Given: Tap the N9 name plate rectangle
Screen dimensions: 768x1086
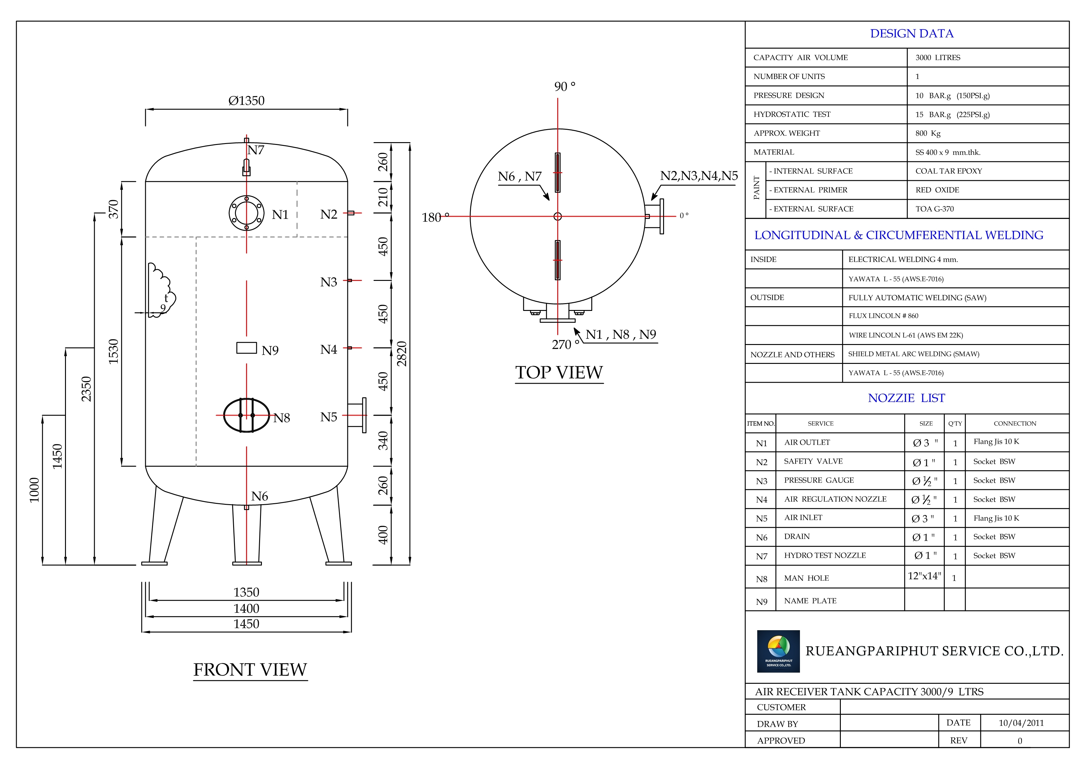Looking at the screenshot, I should pyautogui.click(x=246, y=348).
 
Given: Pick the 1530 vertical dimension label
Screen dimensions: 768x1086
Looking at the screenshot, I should pyautogui.click(x=114, y=351).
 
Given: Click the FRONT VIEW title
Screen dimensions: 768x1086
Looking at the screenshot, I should pyautogui.click(x=250, y=670).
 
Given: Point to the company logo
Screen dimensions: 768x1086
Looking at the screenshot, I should pyautogui.click(x=778, y=651).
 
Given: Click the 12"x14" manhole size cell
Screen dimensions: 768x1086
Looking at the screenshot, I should pyautogui.click(x=924, y=576).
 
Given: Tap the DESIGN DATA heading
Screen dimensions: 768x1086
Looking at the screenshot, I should pyautogui.click(x=911, y=33).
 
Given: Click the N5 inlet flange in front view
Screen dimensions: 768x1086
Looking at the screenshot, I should pyautogui.click(x=358, y=416).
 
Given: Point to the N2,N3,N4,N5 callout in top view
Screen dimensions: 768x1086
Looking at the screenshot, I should pyautogui.click(x=699, y=176).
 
